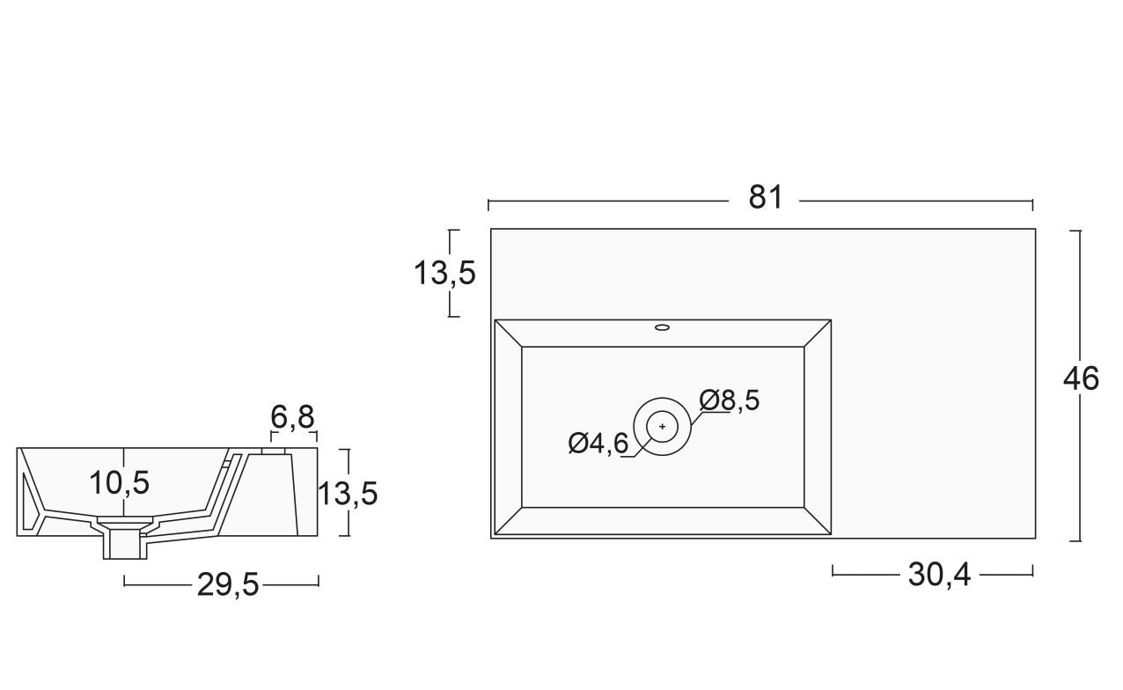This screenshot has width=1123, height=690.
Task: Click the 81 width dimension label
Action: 765,197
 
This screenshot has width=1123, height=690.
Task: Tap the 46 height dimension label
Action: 1081,379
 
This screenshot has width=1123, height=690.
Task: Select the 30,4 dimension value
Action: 939,575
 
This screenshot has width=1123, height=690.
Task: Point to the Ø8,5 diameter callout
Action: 730,400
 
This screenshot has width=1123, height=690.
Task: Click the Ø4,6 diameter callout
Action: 598,444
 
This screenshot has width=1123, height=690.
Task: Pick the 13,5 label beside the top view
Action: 444,274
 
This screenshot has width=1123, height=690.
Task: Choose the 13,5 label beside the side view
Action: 348,494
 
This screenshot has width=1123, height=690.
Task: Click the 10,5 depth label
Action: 120,483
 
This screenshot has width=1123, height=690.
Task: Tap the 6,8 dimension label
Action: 293,416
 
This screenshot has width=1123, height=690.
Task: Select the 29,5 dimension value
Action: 228,584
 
